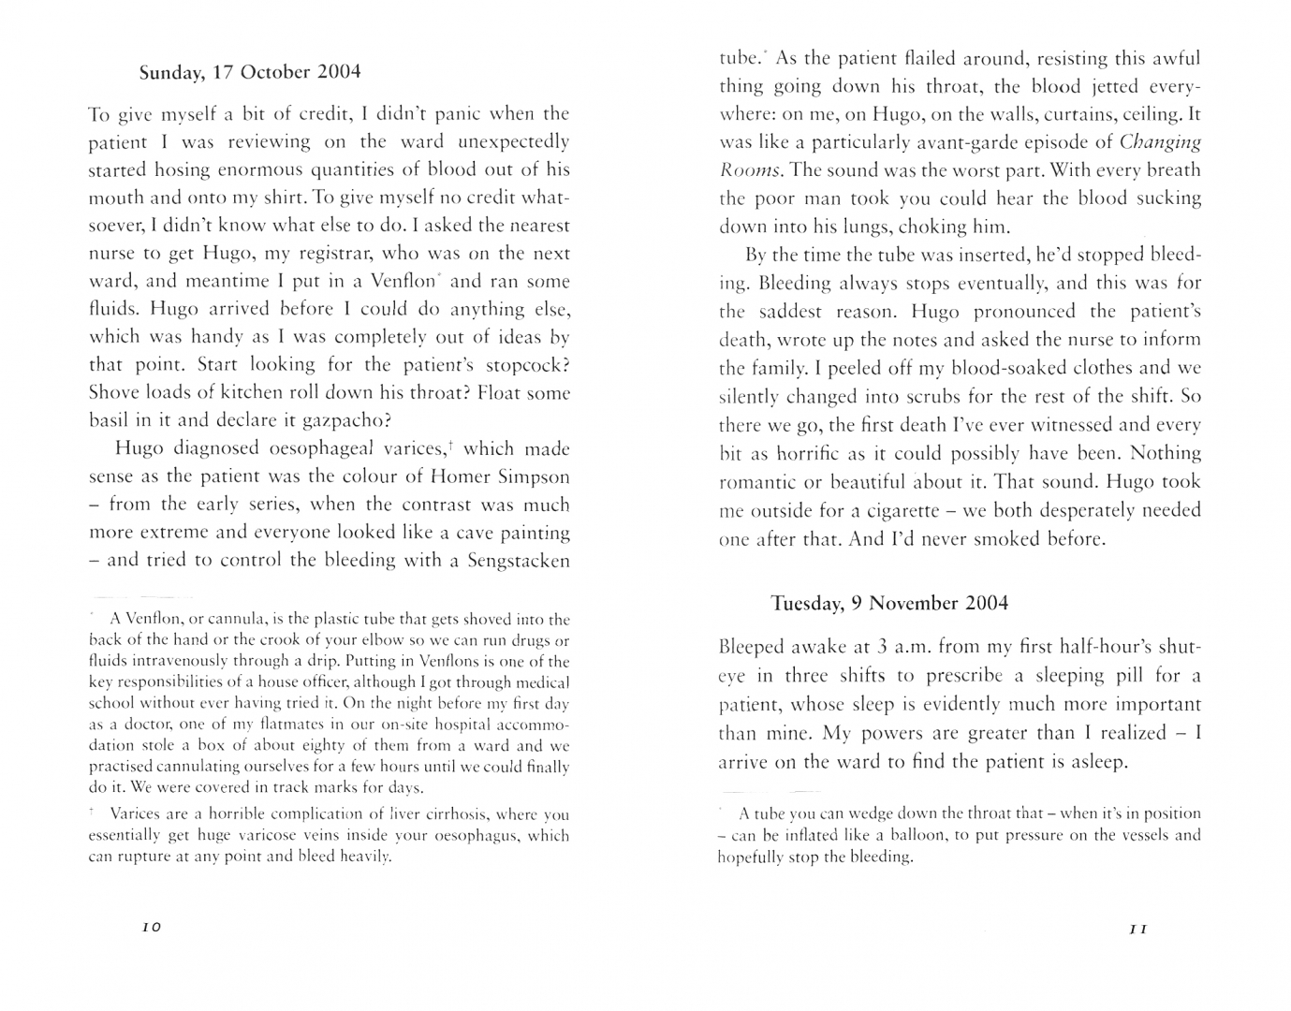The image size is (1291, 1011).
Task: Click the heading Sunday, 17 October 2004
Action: pyautogui.click(x=249, y=72)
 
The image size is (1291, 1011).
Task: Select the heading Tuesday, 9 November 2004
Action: pyautogui.click(x=889, y=603)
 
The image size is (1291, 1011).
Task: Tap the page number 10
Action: pyautogui.click(x=151, y=927)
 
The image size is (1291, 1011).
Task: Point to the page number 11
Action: pyautogui.click(x=1137, y=930)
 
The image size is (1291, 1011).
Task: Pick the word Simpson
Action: pyautogui.click(x=524, y=476)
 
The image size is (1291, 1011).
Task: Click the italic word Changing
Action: pyautogui.click(x=1160, y=142)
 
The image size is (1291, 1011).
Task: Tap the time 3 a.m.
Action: pyautogui.click(x=901, y=647)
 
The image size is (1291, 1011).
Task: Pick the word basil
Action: pyautogui.click(x=109, y=421)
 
